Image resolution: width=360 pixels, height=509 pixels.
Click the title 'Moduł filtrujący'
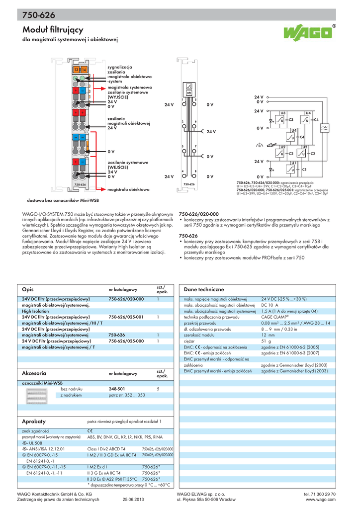pyautogui.click(x=53, y=30)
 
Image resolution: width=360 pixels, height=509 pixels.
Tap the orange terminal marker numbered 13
pyautogui.click(x=76, y=70)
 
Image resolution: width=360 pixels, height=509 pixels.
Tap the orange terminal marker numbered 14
pyautogui.click(x=84, y=70)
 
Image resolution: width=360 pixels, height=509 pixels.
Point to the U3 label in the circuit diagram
pyautogui.click(x=283, y=113)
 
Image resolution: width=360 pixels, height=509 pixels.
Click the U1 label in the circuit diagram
pyautogui.click(x=293, y=163)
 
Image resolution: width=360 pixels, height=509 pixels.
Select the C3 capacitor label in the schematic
pyautogui.click(x=291, y=120)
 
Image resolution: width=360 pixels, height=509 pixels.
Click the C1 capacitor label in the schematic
pyautogui.click(x=304, y=170)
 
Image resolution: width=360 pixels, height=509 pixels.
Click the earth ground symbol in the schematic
pyautogui.click(x=258, y=146)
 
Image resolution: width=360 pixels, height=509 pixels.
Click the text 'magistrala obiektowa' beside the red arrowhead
pyautogui.click(x=128, y=189)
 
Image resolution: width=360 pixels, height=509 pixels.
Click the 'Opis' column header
pyautogui.click(x=27, y=289)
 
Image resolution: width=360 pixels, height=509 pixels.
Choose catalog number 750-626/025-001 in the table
pyautogui.click(x=126, y=317)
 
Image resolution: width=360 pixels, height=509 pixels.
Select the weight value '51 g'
pyautogui.click(x=267, y=341)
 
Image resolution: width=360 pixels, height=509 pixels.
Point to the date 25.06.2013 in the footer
pyautogui.click(x=133, y=500)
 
